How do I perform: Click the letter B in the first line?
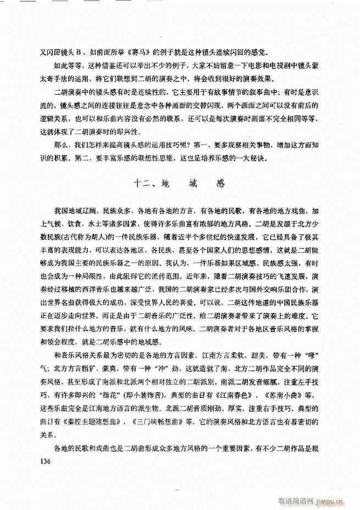point(77,53)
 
